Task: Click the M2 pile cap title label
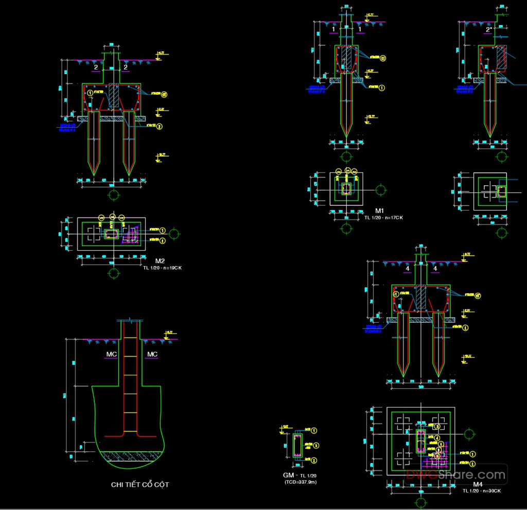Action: point(160,261)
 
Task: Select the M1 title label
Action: point(380,211)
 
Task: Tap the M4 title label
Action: point(478,485)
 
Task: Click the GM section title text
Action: point(290,475)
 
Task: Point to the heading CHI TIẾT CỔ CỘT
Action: point(140,485)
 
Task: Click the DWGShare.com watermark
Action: point(455,474)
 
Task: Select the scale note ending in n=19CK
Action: point(165,268)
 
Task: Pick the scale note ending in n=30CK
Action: point(481,491)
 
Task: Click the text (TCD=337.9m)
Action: point(301,482)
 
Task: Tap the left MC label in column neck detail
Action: point(112,355)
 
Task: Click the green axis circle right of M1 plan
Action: point(381,190)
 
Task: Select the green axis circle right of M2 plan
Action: point(175,235)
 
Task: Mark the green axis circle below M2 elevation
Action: point(114,195)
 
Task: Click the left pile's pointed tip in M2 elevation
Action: point(93,173)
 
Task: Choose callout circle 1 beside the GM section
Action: point(314,430)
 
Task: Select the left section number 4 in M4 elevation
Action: point(407,269)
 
